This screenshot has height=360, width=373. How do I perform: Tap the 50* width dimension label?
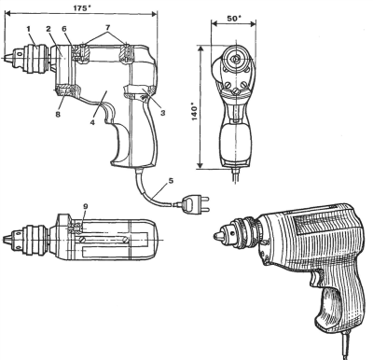[x=234, y=18]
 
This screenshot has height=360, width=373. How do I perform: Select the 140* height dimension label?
[x=194, y=113]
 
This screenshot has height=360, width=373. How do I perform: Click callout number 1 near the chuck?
[x=28, y=29]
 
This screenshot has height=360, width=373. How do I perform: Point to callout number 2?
[x=48, y=29]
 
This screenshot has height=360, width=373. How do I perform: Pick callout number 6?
[x=64, y=29]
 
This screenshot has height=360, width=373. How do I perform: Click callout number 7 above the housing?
[x=108, y=27]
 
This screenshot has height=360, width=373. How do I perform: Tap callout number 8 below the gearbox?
[x=58, y=115]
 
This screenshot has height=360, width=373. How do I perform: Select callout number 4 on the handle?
[x=92, y=122]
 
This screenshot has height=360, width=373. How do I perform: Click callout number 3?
[x=162, y=113]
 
